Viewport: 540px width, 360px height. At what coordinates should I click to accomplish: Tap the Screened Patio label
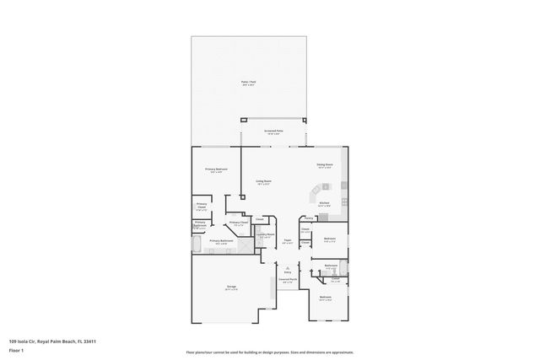click(x=273, y=132)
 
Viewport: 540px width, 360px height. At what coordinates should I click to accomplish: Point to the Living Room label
click(x=262, y=181)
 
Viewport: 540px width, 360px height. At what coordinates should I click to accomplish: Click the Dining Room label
click(x=325, y=165)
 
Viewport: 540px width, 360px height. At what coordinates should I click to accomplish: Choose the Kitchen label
click(x=324, y=203)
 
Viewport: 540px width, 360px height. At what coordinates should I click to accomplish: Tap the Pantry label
click(x=309, y=218)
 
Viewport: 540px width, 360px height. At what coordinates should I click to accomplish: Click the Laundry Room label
click(x=264, y=236)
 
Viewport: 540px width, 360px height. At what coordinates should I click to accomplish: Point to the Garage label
click(x=230, y=287)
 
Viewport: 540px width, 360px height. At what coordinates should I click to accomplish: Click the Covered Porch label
click(x=287, y=281)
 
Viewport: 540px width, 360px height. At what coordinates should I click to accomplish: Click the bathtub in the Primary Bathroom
click(x=197, y=244)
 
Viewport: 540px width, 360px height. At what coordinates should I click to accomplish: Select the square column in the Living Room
click(x=243, y=197)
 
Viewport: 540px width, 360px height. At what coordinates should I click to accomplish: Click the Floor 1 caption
click(x=17, y=349)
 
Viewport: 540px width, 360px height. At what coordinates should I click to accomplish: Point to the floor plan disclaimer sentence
click(x=269, y=352)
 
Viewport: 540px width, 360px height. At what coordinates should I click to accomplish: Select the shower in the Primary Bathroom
click(x=245, y=244)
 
